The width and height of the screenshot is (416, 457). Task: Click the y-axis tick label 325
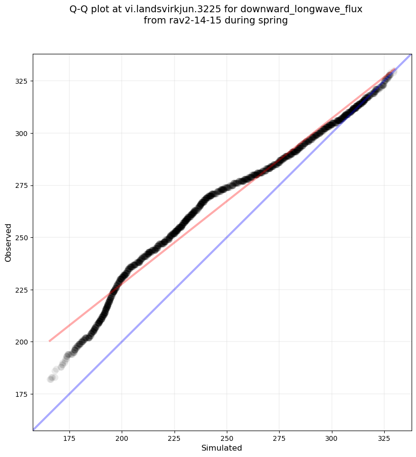pos(22,81)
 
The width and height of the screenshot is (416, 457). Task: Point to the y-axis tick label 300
pos(22,133)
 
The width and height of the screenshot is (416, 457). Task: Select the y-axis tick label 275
pos(22,185)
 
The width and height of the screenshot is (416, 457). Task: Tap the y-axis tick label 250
pos(22,237)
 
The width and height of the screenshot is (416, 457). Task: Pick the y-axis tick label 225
pos(22,290)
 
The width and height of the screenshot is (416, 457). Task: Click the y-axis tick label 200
pos(22,342)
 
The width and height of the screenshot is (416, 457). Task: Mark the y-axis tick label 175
pos(22,394)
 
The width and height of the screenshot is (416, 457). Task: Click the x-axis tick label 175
pos(69,438)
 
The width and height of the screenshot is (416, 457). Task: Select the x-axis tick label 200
pos(122,438)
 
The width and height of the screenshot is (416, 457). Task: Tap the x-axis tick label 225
pos(175,438)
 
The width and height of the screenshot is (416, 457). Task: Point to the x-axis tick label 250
pos(227,438)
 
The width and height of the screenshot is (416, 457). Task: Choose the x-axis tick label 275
pos(279,438)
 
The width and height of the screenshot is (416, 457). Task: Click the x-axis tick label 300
pos(332,438)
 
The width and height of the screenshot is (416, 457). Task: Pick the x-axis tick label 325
pos(384,438)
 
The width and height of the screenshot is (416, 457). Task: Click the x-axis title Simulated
pos(222,448)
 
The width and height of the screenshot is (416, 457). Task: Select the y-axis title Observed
pos(8,242)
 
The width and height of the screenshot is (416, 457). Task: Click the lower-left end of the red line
pos(49,341)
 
